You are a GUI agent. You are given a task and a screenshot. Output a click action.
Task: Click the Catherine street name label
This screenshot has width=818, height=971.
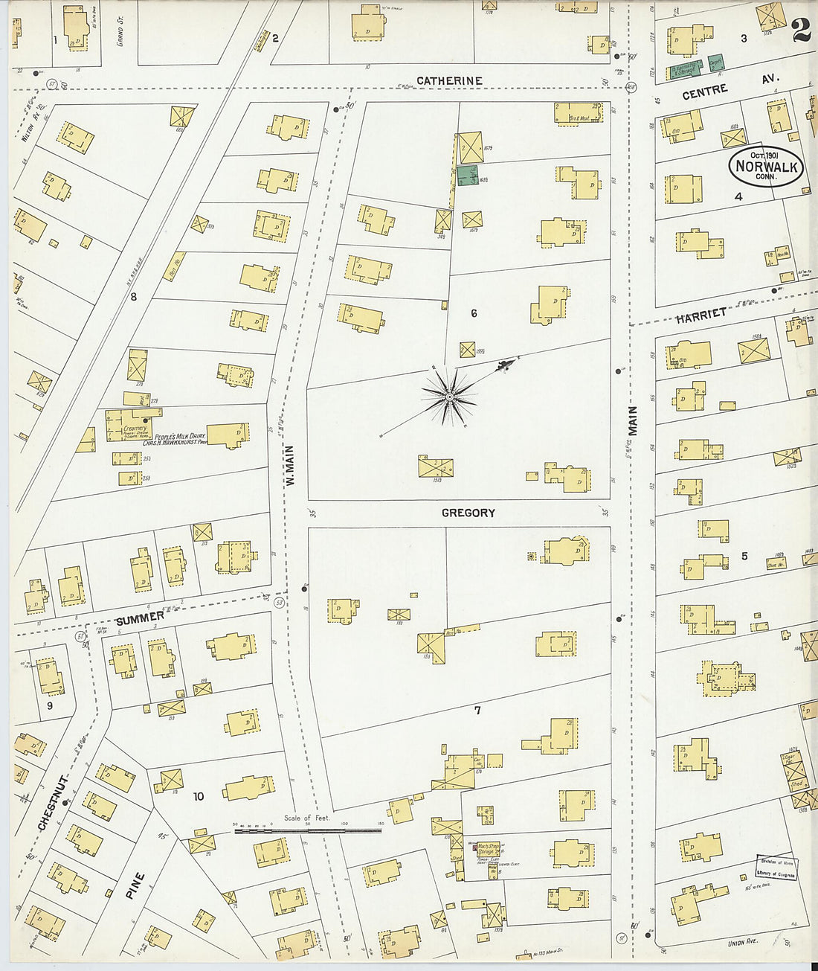[449, 80]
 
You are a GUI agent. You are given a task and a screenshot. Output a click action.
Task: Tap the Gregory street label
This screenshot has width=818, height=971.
[468, 513]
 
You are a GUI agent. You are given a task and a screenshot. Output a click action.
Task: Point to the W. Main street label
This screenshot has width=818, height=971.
[291, 466]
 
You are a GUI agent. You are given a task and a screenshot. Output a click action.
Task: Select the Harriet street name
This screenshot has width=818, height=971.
[701, 315]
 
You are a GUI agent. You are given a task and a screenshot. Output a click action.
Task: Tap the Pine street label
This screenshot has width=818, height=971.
[135, 885]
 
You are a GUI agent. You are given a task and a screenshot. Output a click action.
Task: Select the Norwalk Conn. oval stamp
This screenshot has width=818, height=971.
[766, 166]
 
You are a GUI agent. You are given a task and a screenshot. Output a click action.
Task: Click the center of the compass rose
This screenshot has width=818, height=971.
[449, 399]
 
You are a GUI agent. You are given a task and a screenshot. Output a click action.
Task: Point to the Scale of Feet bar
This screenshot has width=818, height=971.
[308, 830]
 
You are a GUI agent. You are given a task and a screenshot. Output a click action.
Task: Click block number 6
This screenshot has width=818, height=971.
[474, 313]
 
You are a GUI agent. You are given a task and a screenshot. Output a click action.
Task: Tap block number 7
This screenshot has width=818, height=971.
[477, 711]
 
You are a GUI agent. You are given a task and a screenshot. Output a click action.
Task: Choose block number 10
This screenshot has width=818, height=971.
[199, 797]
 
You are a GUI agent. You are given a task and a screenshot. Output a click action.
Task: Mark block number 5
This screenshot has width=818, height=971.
[744, 556]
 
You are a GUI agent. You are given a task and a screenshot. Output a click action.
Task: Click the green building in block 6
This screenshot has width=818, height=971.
[468, 176]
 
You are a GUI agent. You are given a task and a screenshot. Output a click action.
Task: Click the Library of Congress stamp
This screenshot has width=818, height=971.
[776, 868]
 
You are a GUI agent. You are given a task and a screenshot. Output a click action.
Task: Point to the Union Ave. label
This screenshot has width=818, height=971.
[741, 943]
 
